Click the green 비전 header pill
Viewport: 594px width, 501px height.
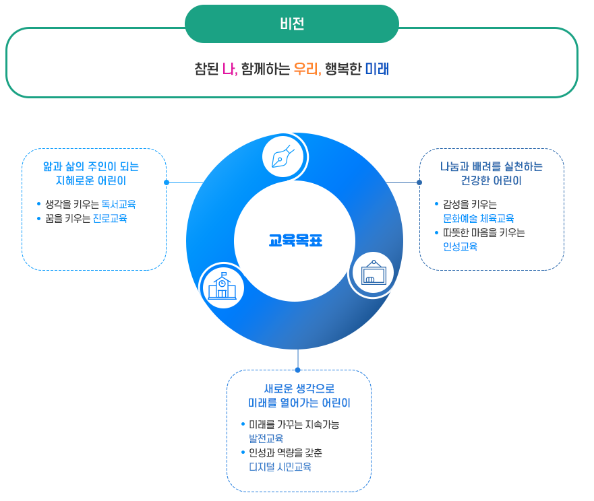[292, 24]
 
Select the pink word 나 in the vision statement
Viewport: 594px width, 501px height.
[229, 69]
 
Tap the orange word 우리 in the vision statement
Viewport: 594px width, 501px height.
[306, 69]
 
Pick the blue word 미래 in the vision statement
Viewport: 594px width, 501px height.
[378, 69]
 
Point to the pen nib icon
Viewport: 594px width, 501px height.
[283, 156]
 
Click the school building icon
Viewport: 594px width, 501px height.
[222, 286]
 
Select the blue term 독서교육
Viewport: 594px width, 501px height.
[119, 204]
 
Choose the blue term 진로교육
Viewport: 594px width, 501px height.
[109, 218]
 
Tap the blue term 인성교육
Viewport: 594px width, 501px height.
[460, 246]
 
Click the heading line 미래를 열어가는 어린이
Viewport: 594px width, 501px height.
[299, 403]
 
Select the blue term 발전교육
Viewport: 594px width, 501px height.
[266, 438]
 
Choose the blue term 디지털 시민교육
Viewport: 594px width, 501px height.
[280, 467]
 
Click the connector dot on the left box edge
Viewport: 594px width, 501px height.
[166, 182]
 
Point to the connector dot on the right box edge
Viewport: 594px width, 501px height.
[419, 182]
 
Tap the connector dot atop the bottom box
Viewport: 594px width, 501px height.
[297, 370]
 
